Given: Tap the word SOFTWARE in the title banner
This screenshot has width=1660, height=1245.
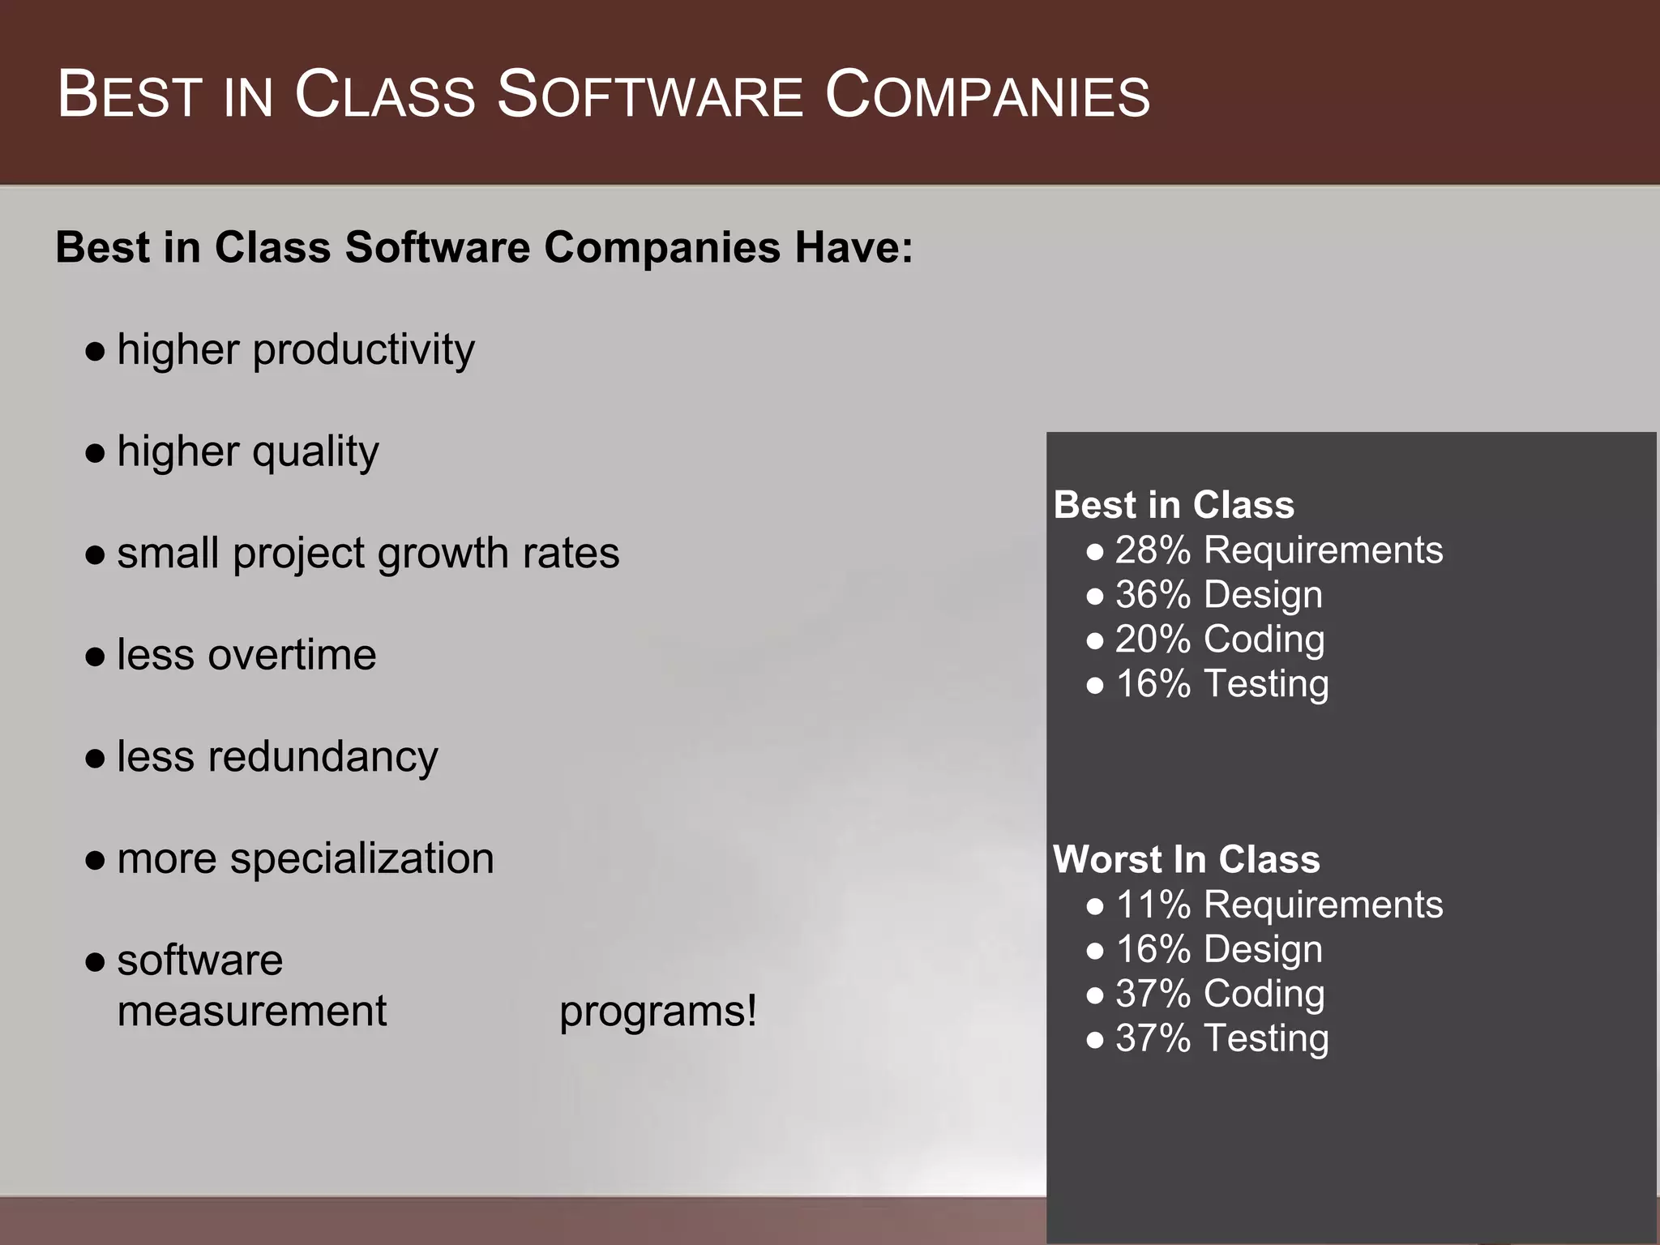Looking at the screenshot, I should pyautogui.click(x=649, y=96).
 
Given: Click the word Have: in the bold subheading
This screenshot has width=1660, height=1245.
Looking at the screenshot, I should pyautogui.click(x=854, y=247).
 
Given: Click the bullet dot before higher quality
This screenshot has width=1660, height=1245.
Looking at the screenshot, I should pyautogui.click(x=96, y=453).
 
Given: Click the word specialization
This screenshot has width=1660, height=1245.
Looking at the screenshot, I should pyautogui.click(x=362, y=860).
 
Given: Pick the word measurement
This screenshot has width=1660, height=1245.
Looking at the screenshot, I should pyautogui.click(x=251, y=1012).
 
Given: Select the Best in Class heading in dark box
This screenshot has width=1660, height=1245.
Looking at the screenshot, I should pyautogui.click(x=1174, y=505).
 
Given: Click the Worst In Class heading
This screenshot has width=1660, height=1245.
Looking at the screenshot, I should pyautogui.click(x=1186, y=859).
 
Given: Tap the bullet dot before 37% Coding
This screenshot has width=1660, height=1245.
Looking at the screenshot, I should pyautogui.click(x=1095, y=995).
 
